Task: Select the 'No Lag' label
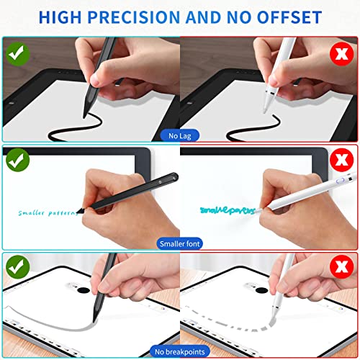click(180, 135)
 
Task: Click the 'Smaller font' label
click(180, 243)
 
